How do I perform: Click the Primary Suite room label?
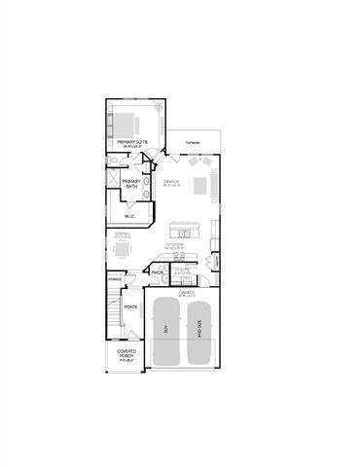[x=132, y=143]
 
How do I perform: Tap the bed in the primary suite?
[x=129, y=124]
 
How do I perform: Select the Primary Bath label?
[x=130, y=184]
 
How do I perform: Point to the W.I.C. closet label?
[x=129, y=216]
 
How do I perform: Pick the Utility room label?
[x=181, y=272]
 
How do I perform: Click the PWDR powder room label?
[x=157, y=273]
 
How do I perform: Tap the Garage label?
[x=186, y=292]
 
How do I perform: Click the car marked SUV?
[x=166, y=331]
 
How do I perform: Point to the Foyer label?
[x=129, y=306]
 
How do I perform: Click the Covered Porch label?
[x=126, y=353]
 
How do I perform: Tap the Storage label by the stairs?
[x=115, y=279]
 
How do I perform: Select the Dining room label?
[x=123, y=233]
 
